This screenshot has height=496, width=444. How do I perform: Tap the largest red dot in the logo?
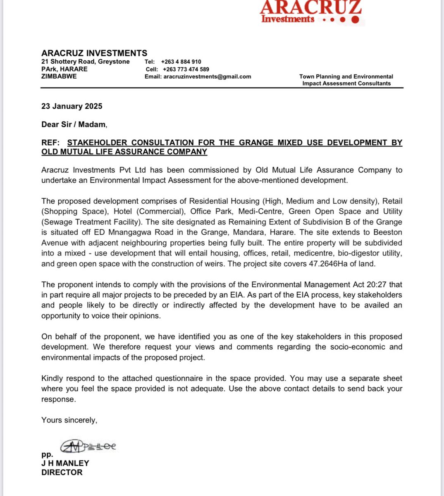(x=355, y=19)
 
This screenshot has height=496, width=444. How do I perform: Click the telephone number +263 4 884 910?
(x=181, y=62)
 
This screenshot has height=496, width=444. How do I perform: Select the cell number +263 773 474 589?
(x=186, y=69)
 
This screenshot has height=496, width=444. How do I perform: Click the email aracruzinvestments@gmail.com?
(x=207, y=76)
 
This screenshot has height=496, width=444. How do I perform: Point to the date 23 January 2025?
(x=72, y=106)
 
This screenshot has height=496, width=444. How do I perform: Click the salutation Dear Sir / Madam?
(x=74, y=124)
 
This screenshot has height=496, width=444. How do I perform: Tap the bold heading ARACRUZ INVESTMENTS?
(x=94, y=53)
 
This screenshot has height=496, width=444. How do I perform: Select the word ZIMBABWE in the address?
(x=59, y=76)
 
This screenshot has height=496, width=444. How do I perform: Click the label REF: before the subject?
(x=50, y=143)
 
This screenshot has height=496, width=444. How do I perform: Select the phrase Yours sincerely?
(x=69, y=420)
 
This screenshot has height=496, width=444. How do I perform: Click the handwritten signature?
(x=88, y=446)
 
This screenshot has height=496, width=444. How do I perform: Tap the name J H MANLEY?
(x=65, y=463)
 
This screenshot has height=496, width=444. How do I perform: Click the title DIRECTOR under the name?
(x=62, y=472)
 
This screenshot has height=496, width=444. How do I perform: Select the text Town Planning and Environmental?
(x=346, y=76)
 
